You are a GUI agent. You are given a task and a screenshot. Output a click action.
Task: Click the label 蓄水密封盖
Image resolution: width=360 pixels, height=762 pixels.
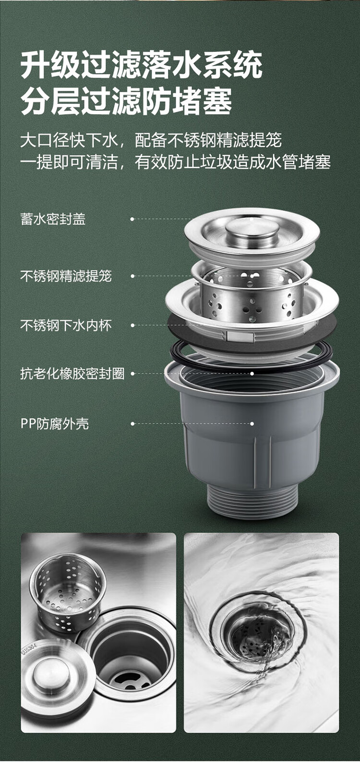(x=53, y=219)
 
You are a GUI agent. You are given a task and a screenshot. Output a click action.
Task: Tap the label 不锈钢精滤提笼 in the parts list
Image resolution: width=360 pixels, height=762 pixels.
(x=66, y=276)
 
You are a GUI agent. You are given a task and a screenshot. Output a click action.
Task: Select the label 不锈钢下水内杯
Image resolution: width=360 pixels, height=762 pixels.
(x=66, y=326)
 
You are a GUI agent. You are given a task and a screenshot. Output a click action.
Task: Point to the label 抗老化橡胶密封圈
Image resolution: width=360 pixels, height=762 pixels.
(x=72, y=374)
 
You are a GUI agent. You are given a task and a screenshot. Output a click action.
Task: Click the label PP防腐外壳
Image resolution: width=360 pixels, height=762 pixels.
(x=55, y=424)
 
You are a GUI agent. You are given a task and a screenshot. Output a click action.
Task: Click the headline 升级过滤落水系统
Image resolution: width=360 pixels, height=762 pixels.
(x=142, y=65)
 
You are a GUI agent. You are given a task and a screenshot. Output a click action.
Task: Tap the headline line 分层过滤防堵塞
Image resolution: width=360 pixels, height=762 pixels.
(x=126, y=100)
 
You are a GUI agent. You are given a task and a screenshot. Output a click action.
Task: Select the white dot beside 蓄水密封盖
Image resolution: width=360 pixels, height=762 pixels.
(x=132, y=219)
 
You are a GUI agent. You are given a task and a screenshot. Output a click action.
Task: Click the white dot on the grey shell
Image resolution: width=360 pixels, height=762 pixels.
(x=252, y=423)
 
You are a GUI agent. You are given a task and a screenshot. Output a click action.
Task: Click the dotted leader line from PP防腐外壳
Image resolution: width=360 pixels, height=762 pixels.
(x=192, y=423)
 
